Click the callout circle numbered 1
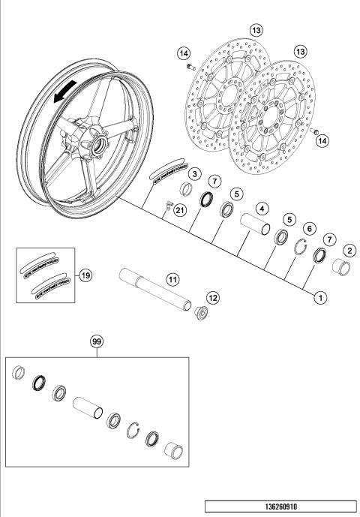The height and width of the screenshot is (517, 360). click(319, 297)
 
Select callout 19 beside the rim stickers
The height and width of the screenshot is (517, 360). click(86, 275)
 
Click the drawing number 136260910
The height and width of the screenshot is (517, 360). click(280, 506)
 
